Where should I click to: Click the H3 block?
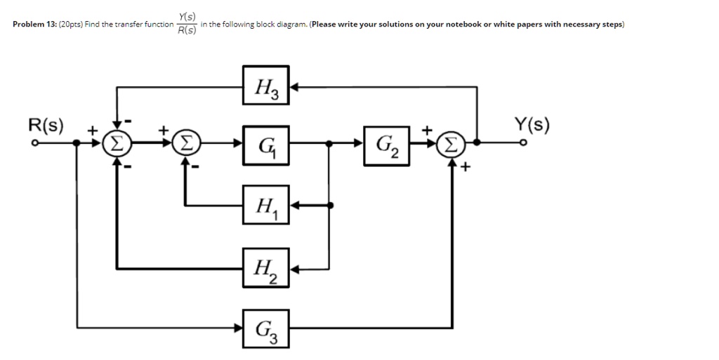266,87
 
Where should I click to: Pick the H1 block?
266,205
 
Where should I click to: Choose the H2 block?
266,267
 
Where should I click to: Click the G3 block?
266,328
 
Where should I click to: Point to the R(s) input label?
45,126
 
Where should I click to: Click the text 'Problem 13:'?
35,25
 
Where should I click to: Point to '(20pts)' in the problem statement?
72,25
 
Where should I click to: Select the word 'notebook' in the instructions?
466,25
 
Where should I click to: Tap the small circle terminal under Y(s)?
522,144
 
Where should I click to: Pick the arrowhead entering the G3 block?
238,328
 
